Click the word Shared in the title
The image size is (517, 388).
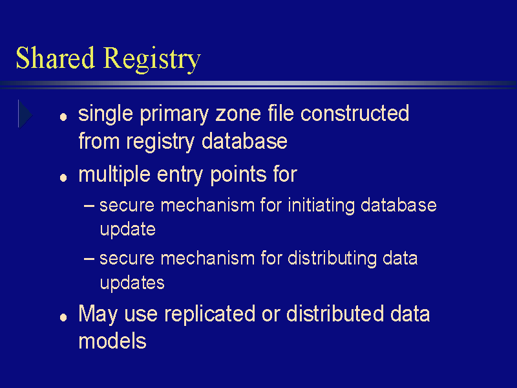pos(56,58)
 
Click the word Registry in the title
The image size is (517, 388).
pos(152,59)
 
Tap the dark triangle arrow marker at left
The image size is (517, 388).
pos(25,114)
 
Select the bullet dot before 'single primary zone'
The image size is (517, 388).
pos(63,116)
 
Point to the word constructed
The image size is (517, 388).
pos(355,113)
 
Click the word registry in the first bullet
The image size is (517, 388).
pos(160,142)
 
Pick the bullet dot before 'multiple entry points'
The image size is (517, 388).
pos(63,178)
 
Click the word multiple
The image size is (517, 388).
pos(114,174)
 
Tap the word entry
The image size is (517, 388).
pos(180,175)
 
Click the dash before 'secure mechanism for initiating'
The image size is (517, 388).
pos(89,206)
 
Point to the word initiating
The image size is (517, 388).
pos(321,206)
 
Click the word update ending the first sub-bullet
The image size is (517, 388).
pos(127,230)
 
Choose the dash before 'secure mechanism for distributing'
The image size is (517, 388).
pos(89,259)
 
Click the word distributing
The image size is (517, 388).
pos(332,258)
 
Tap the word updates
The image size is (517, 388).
pos(132,283)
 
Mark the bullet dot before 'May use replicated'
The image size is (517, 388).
pos(63,318)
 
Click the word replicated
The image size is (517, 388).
pos(209,314)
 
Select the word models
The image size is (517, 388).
pos(112,341)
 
